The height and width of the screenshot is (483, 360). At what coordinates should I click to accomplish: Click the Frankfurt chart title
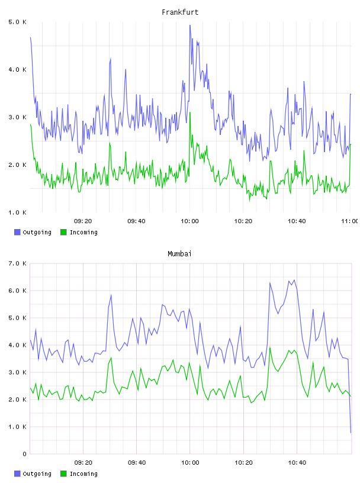(x=180, y=12)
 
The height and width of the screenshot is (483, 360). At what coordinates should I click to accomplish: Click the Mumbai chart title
(x=179, y=254)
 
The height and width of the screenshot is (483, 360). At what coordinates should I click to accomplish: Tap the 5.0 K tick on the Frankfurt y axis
(x=17, y=22)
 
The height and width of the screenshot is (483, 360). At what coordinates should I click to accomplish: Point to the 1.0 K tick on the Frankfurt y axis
(x=17, y=212)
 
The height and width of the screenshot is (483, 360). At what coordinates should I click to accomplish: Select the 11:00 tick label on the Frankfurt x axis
(x=350, y=221)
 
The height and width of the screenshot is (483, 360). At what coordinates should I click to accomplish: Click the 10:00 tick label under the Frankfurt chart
(x=189, y=221)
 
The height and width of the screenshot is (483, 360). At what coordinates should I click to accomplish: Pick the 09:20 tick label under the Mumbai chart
(x=83, y=463)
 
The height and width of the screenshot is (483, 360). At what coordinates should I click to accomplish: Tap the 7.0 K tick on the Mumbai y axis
(x=17, y=263)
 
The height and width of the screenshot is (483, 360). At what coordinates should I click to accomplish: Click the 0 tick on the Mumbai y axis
(x=24, y=454)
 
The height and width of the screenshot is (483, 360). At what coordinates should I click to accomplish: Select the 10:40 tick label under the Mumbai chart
(x=297, y=463)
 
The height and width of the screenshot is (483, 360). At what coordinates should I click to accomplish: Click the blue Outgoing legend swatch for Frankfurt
(x=17, y=232)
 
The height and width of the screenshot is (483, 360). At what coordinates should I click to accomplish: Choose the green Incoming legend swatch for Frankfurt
(x=63, y=232)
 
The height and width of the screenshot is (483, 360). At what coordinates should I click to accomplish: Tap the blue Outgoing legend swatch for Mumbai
(x=17, y=474)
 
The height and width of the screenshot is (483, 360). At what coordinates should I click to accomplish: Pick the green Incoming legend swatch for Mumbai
(x=63, y=474)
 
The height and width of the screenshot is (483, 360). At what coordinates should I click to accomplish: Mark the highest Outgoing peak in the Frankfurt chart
(x=190, y=25)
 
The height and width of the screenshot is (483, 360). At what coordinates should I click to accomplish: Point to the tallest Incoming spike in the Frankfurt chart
(x=190, y=112)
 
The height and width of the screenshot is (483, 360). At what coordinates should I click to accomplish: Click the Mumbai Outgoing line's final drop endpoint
(x=351, y=433)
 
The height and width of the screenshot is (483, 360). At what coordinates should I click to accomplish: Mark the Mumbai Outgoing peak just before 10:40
(x=294, y=280)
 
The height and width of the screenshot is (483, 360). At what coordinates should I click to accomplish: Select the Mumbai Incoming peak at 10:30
(x=270, y=347)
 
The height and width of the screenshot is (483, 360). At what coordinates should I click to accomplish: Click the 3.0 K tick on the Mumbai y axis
(x=17, y=372)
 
